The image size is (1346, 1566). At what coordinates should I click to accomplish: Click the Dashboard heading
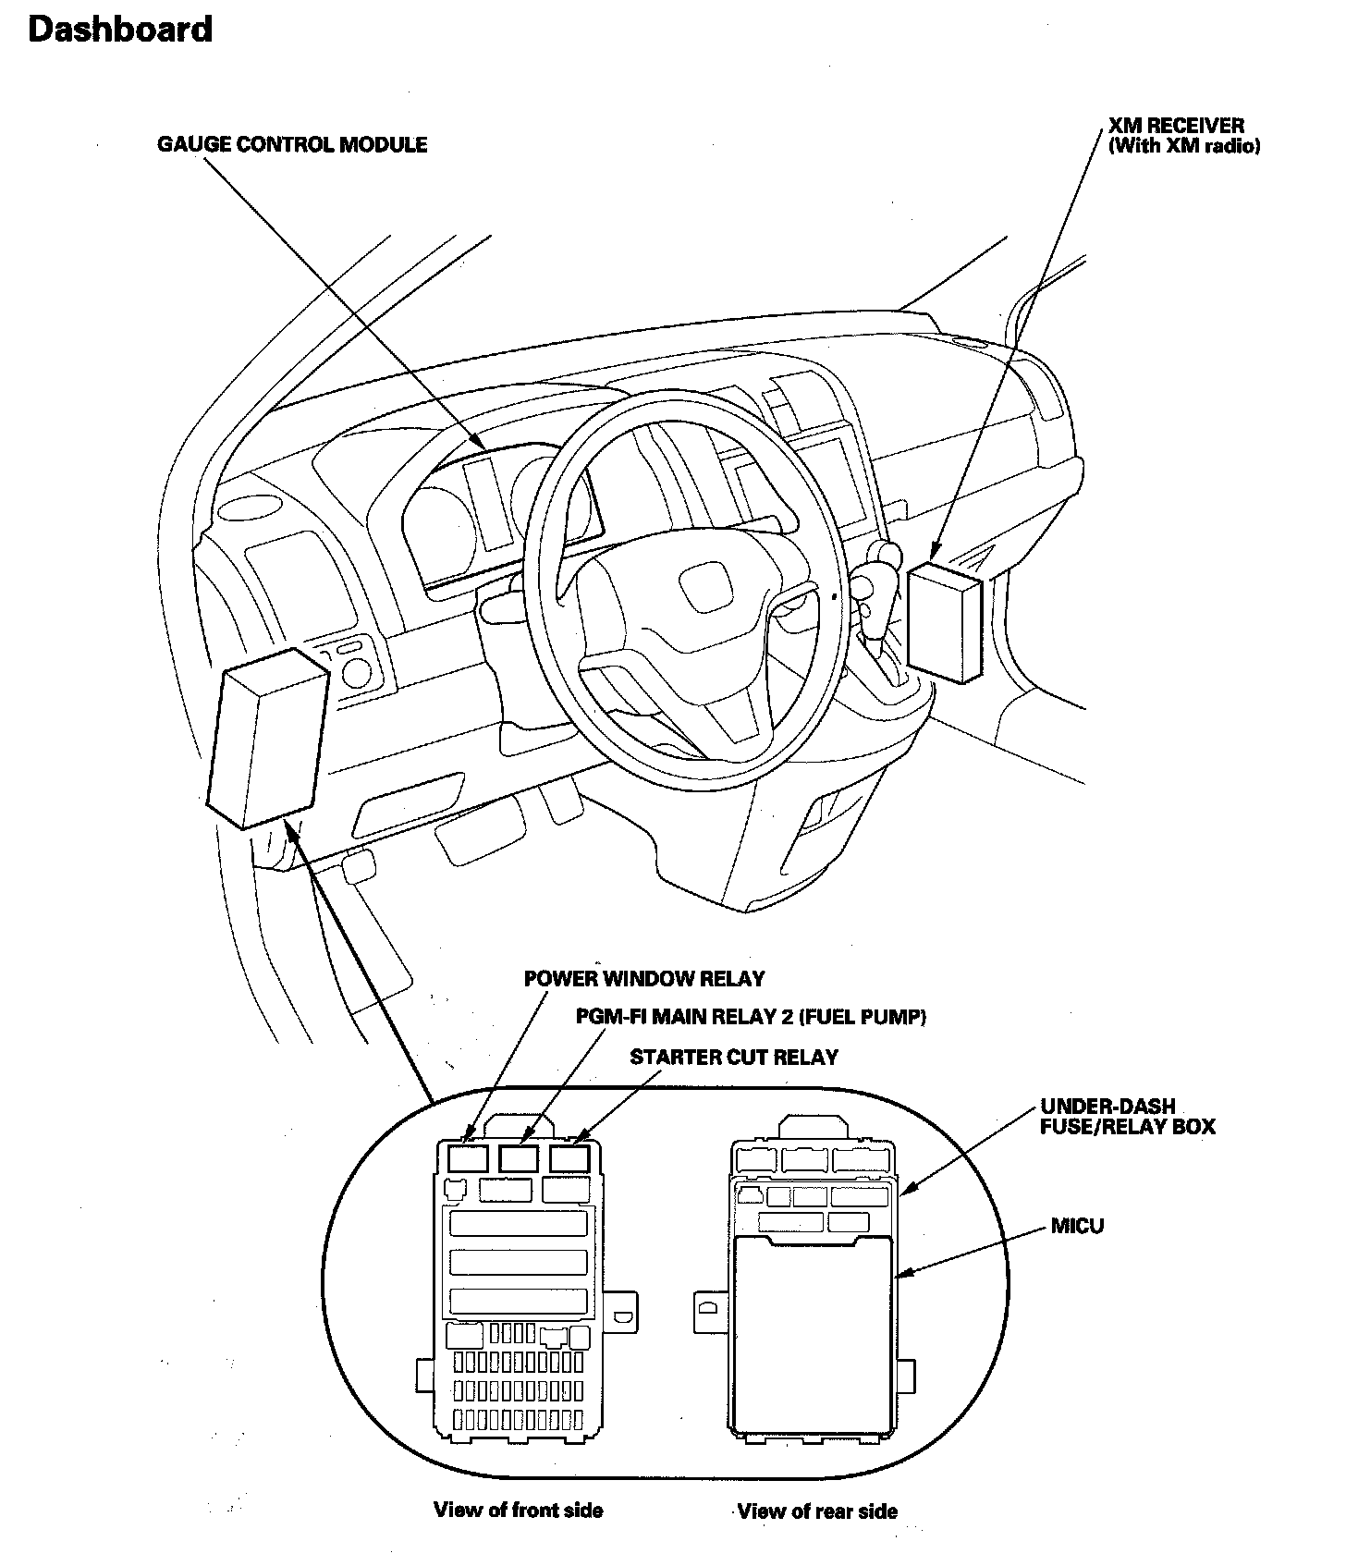click(x=120, y=30)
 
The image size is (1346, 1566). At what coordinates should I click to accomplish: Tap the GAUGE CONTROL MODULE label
click(x=292, y=144)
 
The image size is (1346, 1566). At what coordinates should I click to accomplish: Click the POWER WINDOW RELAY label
click(x=644, y=978)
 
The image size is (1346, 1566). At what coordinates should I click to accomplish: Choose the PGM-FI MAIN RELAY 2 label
click(x=751, y=1017)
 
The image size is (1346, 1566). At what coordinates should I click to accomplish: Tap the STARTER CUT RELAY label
click(x=734, y=1057)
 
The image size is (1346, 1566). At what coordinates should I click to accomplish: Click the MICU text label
click(x=1077, y=1227)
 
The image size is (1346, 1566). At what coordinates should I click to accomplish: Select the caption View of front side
click(x=518, y=1510)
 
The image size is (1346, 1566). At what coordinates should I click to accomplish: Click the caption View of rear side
click(x=817, y=1511)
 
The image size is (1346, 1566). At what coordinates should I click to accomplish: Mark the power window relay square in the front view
click(x=468, y=1157)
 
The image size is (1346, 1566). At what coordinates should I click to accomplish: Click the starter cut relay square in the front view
click(x=569, y=1157)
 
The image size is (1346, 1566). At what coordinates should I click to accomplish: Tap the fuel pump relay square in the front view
click(x=519, y=1157)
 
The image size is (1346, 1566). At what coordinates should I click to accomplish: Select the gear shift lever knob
click(x=886, y=555)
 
